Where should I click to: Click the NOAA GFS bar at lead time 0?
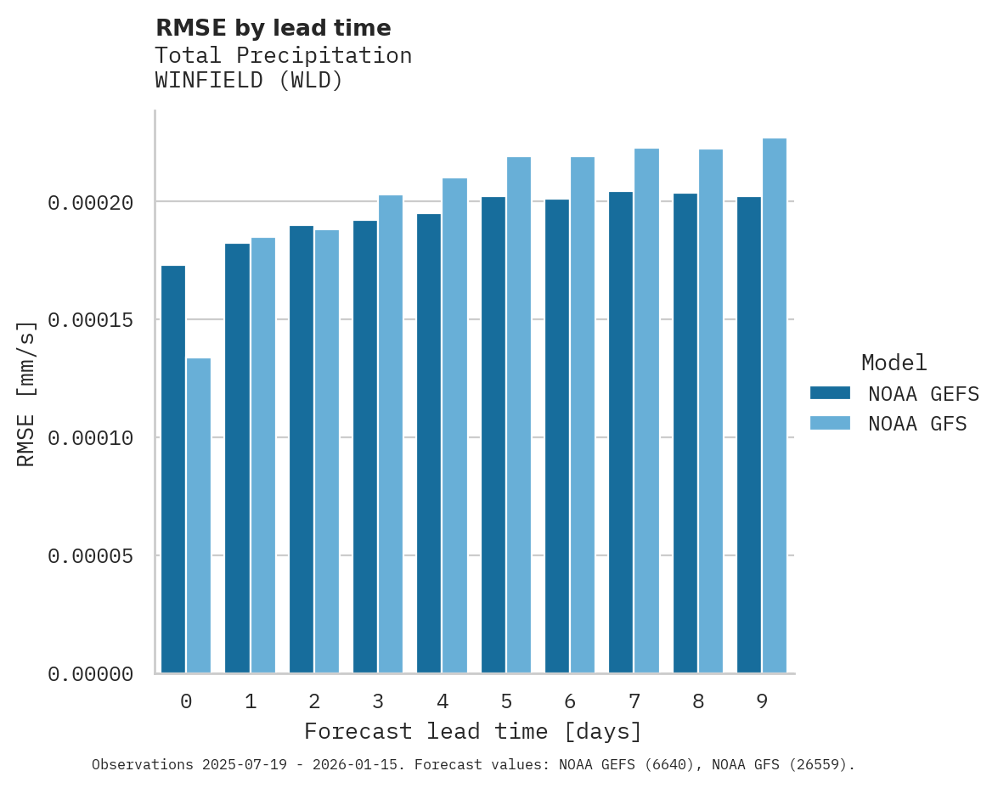click(x=199, y=515)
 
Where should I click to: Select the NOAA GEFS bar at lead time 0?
click(x=173, y=470)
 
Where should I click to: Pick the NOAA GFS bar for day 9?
click(x=775, y=406)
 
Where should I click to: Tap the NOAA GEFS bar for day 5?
click(x=493, y=435)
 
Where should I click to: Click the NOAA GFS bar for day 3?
click(x=391, y=434)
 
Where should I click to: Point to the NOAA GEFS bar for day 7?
click(x=621, y=432)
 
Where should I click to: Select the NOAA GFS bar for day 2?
click(x=327, y=452)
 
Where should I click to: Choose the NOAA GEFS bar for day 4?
click(x=429, y=443)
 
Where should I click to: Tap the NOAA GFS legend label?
click(x=917, y=424)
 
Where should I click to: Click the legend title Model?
click(x=894, y=363)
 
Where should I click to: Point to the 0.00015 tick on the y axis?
click(x=91, y=320)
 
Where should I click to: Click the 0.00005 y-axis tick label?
click(x=91, y=556)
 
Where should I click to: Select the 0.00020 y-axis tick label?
click(x=91, y=202)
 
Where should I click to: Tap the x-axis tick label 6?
click(x=570, y=701)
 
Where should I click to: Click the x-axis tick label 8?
click(x=698, y=701)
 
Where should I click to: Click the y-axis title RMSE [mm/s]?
click(x=26, y=394)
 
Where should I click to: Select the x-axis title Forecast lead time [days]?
click(x=473, y=731)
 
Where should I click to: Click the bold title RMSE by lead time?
click(x=273, y=28)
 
